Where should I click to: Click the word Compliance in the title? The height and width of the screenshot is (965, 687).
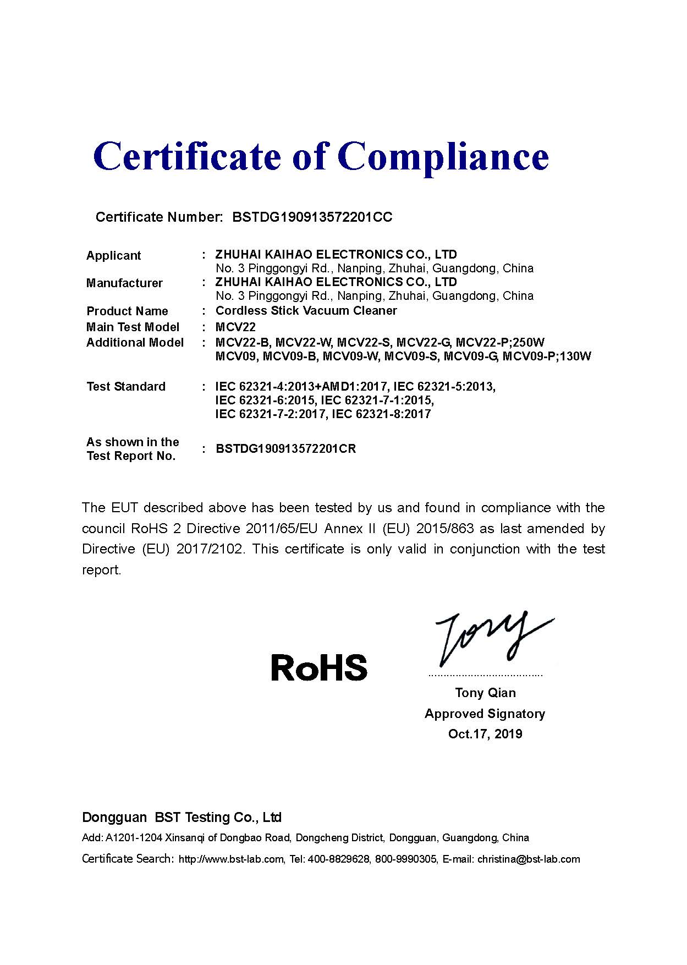(x=446, y=157)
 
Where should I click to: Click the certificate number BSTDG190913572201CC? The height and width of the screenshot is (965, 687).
(x=312, y=217)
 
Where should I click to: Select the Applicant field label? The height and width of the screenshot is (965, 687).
(x=113, y=255)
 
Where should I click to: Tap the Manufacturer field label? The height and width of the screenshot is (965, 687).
(x=124, y=283)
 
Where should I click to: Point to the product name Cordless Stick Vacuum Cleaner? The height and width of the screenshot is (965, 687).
(x=306, y=310)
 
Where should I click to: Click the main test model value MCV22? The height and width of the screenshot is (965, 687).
(x=235, y=327)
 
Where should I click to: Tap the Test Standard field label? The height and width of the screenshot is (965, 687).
(x=126, y=386)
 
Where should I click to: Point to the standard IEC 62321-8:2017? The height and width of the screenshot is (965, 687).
(x=382, y=414)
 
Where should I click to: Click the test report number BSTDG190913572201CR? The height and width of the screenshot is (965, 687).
(x=286, y=448)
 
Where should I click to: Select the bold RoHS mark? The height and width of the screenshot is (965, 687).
(x=319, y=667)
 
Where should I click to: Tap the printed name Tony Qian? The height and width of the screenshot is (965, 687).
(x=485, y=693)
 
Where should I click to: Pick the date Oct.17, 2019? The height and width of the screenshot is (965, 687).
(x=485, y=734)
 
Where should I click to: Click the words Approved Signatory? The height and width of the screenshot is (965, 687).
(x=485, y=714)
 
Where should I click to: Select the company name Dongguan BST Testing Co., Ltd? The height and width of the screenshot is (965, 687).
(x=182, y=818)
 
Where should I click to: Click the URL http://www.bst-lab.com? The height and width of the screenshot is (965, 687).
(x=232, y=859)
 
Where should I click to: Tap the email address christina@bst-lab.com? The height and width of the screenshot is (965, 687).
(x=529, y=859)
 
